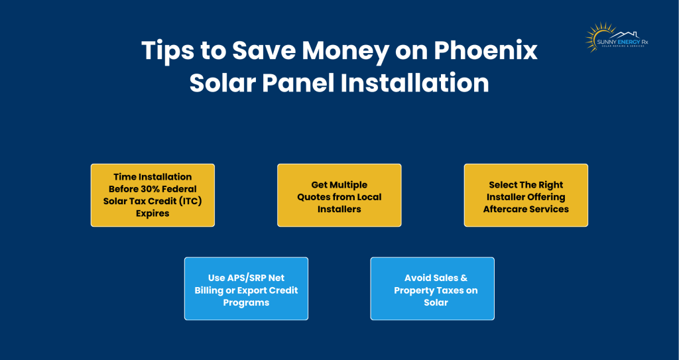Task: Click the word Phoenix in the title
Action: coord(485,51)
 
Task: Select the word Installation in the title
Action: coord(414,83)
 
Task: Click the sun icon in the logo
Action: coord(595,36)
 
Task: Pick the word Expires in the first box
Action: coord(153,213)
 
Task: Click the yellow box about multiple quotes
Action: coord(339,195)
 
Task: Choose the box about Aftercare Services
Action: coord(526,195)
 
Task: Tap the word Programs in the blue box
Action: coord(246,302)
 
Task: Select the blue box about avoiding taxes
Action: coord(432,288)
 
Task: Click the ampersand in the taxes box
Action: coord(463,278)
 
